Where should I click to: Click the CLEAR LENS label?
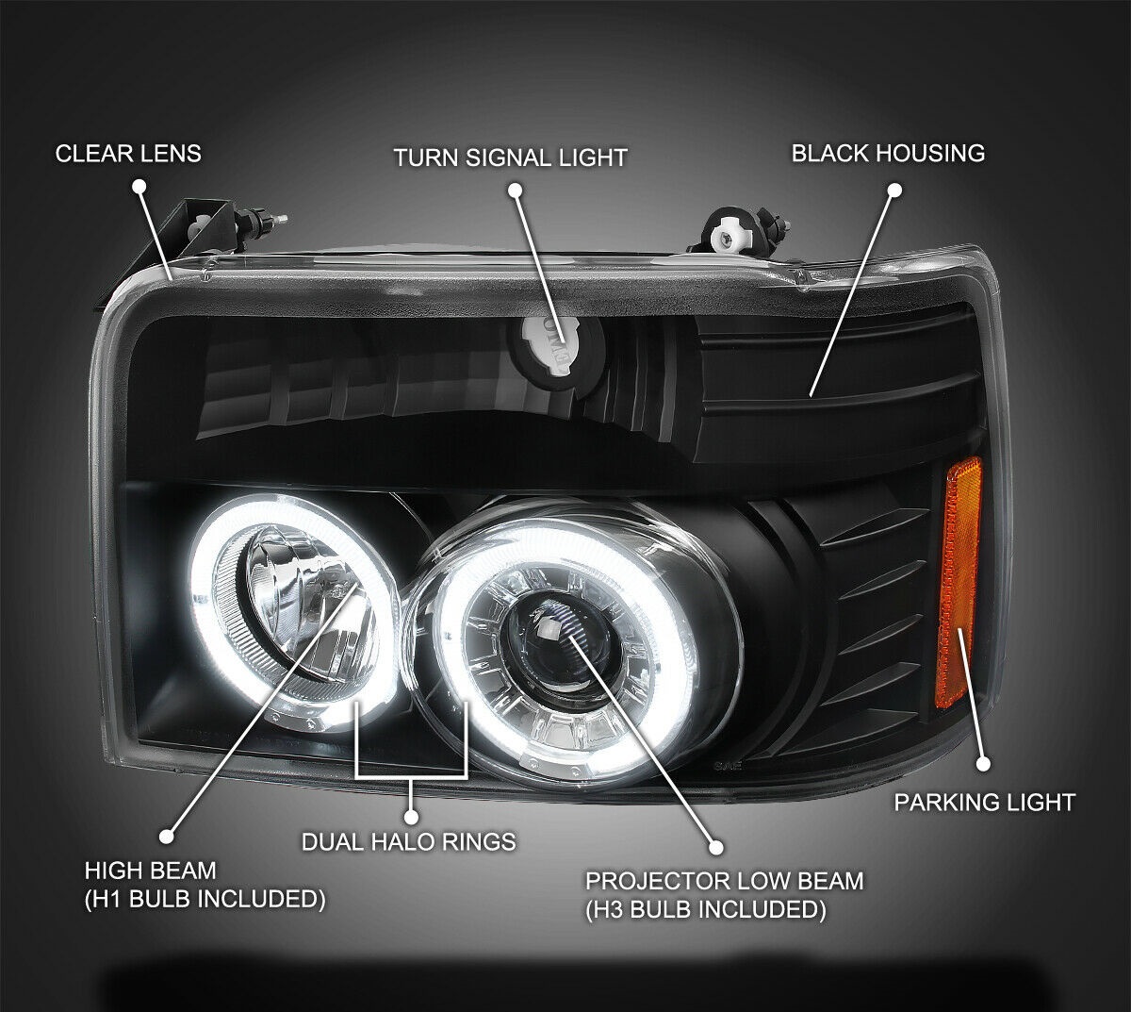point(128,154)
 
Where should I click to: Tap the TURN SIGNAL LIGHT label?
point(510,157)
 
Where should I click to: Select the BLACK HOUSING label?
point(888,153)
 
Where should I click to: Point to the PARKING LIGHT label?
point(984,803)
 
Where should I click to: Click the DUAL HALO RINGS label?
point(408,840)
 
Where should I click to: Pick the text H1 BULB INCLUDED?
point(205,899)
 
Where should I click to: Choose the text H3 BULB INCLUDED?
point(706,909)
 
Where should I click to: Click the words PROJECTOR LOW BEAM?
point(724,881)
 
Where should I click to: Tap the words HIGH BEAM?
point(150,870)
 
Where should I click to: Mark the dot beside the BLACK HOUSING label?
point(894,190)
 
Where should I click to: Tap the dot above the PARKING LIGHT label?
point(983,764)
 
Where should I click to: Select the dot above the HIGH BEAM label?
point(167,836)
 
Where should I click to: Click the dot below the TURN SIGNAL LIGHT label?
point(515,190)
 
